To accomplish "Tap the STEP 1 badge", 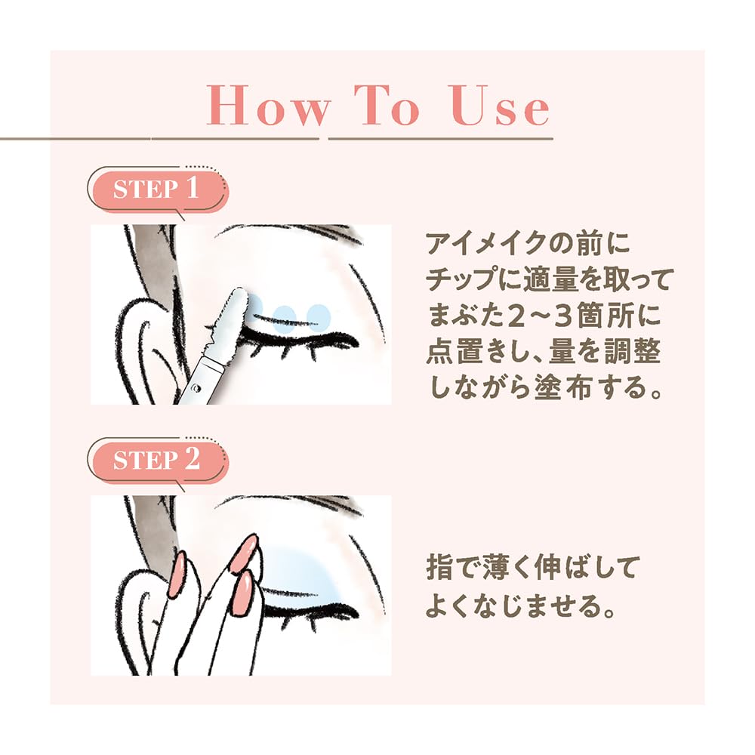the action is click(x=156, y=190).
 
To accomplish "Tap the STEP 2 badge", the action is click(x=156, y=461).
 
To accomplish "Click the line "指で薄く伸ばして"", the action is click(x=532, y=568).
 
